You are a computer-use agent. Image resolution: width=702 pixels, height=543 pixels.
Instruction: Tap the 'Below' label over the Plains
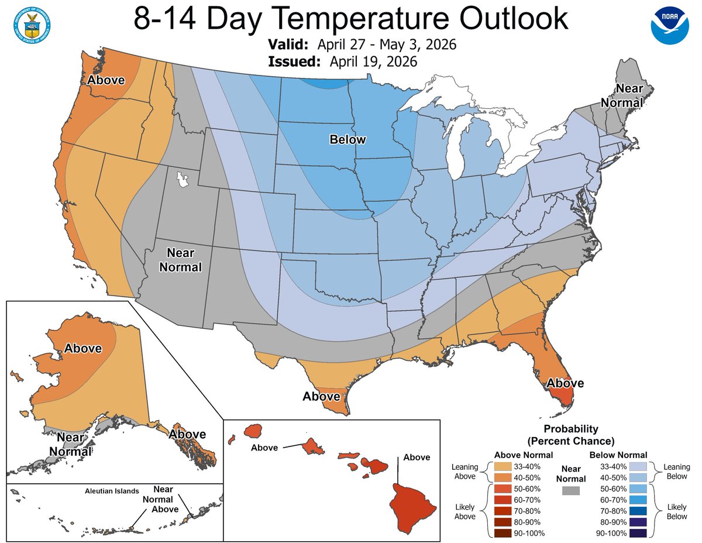click(x=347, y=139)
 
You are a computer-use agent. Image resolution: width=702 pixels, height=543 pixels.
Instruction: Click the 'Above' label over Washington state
click(x=106, y=80)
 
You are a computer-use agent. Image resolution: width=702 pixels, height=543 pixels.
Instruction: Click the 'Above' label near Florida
click(x=565, y=383)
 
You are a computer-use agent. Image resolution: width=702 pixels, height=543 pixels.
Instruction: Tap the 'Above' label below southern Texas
click(x=321, y=396)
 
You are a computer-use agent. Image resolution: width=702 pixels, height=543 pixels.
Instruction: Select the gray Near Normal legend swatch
click(x=570, y=490)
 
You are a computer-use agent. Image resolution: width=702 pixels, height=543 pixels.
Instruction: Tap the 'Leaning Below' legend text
click(x=677, y=472)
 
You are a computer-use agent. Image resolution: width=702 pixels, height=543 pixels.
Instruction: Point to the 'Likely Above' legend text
click(x=464, y=511)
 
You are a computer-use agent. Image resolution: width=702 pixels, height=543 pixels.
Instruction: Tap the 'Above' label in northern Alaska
click(x=82, y=348)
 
